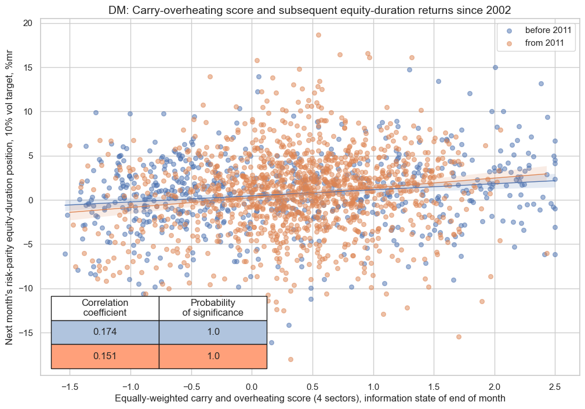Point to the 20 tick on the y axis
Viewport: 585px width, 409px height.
point(28,23)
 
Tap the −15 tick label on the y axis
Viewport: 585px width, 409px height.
point(24,333)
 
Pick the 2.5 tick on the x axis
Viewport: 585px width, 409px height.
point(555,386)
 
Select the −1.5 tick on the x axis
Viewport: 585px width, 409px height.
point(70,386)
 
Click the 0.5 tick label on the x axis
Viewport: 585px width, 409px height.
point(312,386)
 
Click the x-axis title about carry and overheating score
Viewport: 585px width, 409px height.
point(310,399)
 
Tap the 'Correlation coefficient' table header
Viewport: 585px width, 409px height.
point(105,308)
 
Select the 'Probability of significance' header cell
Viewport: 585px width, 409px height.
point(213,308)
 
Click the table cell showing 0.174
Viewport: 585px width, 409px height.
point(105,332)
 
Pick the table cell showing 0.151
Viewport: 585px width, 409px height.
point(105,356)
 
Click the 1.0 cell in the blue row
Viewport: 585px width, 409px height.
point(213,332)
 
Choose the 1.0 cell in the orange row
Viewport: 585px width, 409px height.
point(213,356)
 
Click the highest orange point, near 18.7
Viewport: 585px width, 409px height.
point(318,35)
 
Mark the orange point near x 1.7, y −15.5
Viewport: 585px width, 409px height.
point(459,337)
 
